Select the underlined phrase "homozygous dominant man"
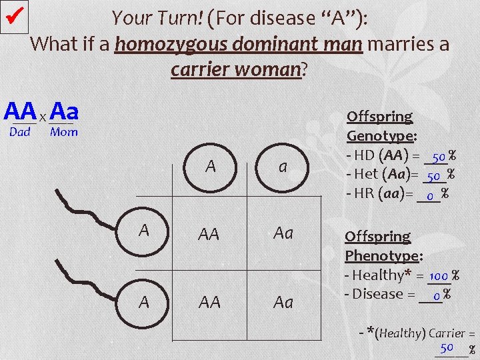[x=239, y=45]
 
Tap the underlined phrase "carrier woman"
[x=237, y=69]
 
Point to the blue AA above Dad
[x=20, y=111]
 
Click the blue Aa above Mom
[x=64, y=111]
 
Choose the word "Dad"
[x=20, y=132]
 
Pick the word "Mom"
[x=64, y=132]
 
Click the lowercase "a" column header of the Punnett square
[x=283, y=167]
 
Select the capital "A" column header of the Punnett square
[x=211, y=167]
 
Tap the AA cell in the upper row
[x=209, y=234]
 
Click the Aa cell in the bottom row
[x=283, y=303]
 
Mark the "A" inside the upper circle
[x=143, y=231]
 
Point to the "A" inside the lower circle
[x=143, y=302]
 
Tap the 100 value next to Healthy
[x=439, y=275]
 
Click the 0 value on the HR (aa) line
[x=430, y=195]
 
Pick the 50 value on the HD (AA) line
[x=438, y=158]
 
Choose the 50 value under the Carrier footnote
[x=447, y=347]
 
